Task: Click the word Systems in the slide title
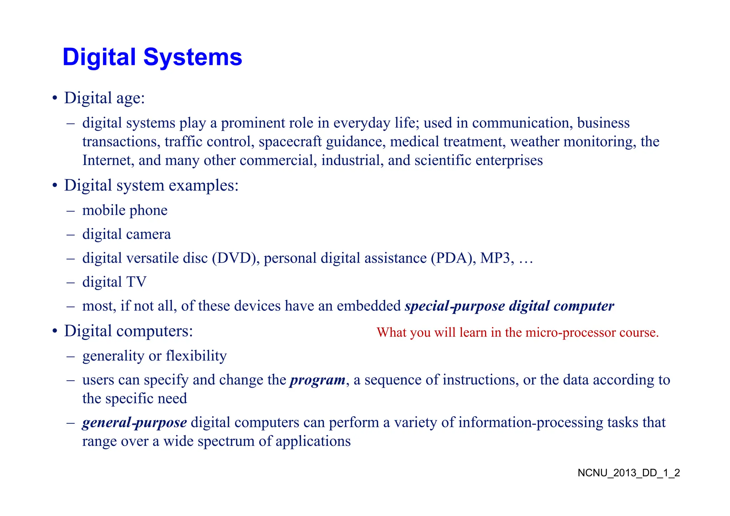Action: pos(192,57)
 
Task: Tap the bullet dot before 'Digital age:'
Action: pos(55,98)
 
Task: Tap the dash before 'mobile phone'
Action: pos(71,211)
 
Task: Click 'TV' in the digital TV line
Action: pos(136,282)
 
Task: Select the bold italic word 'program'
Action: pos(317,380)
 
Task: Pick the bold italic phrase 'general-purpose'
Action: pos(134,423)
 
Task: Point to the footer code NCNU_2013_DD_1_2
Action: pos(629,473)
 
